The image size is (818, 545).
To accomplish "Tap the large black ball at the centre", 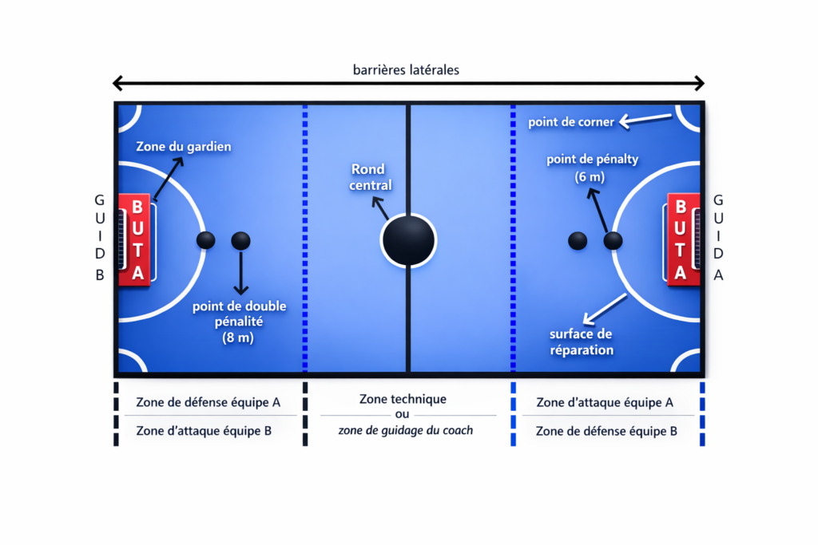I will pos(408,239).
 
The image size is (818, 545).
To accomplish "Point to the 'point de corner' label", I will pos(571,122).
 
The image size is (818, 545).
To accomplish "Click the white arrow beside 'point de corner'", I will pos(648,120).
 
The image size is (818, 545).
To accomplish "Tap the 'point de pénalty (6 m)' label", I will pos(593,168).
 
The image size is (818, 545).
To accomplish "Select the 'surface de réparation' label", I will pos(581,342).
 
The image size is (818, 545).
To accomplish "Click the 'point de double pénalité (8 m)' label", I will pos(240,322).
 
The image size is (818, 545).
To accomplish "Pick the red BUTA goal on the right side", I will pos(681,239).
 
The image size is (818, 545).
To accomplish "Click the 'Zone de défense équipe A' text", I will pos(208,402).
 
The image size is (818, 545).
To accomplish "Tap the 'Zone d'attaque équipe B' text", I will pos(204,431).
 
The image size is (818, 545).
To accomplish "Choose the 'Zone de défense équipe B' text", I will pos(606,431).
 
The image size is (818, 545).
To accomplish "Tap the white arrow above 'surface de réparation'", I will pos(605,308).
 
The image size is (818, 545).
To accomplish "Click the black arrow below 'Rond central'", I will pos(379,208).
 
